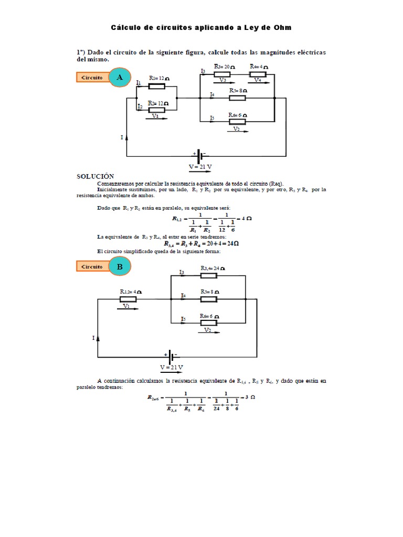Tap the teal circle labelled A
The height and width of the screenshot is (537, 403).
(120, 78)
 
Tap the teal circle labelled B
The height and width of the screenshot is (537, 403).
(120, 266)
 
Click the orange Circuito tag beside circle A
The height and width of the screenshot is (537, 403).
(92, 78)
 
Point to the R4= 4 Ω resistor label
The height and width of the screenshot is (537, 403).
(259, 67)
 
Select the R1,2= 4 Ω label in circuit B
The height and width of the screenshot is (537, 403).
(130, 292)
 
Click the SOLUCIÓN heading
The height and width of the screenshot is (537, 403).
(95, 176)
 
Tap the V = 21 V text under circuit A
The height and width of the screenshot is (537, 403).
(200, 167)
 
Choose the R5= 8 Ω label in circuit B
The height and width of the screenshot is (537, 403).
(210, 292)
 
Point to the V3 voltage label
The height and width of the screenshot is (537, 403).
(222, 80)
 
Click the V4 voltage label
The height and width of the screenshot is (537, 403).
(257, 80)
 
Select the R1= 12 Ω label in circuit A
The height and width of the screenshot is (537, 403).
(158, 78)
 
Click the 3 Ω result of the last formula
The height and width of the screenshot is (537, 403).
(249, 397)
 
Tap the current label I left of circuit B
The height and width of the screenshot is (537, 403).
(93, 338)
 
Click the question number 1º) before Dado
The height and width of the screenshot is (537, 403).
(81, 52)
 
